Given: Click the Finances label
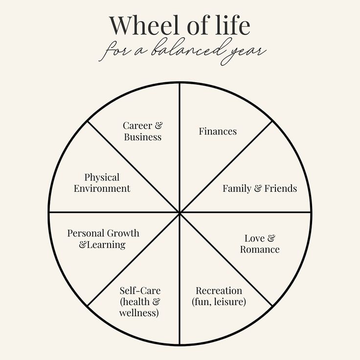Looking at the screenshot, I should click(x=218, y=131).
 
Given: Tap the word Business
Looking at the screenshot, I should click(x=142, y=137).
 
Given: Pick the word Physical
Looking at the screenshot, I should click(x=102, y=177).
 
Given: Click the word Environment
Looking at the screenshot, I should click(x=102, y=188).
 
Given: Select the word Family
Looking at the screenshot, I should click(x=237, y=188).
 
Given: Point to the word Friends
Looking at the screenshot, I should click(x=281, y=188).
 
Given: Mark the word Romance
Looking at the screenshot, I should click(x=260, y=249).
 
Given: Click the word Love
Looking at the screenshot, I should click(x=254, y=238).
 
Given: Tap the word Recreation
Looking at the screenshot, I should click(x=219, y=291).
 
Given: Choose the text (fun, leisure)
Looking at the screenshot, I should click(x=219, y=302).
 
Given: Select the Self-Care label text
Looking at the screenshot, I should click(x=140, y=291).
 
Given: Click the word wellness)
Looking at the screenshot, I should click(x=140, y=313).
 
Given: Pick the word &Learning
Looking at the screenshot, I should click(x=102, y=245).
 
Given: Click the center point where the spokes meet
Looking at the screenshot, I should click(x=180, y=212).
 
